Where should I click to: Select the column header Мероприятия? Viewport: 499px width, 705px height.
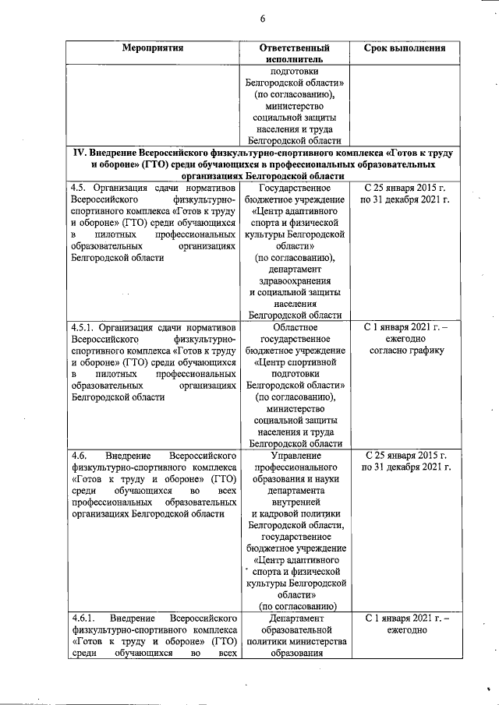tap(154, 48)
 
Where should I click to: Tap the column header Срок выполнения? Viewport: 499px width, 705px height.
tap(405, 48)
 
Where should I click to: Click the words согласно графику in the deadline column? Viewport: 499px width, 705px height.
tap(405, 350)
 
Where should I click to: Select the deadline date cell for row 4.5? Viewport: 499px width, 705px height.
tap(405, 195)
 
